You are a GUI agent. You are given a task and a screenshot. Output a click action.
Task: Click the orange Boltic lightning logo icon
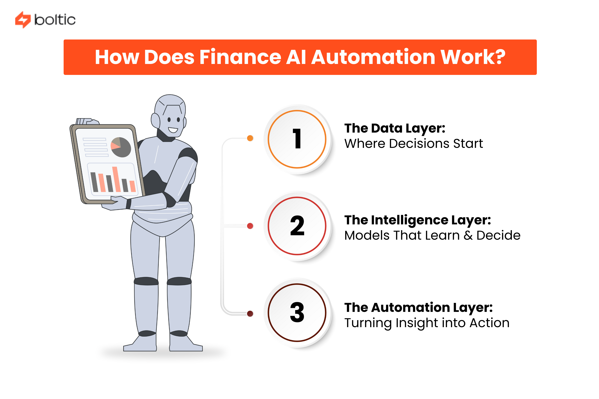tap(23, 20)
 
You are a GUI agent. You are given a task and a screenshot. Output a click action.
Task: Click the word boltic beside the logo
tap(55, 20)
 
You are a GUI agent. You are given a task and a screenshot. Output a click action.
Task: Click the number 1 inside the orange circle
tap(297, 139)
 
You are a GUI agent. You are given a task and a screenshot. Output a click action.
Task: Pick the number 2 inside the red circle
tap(297, 226)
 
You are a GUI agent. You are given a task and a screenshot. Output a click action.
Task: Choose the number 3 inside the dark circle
tap(297, 312)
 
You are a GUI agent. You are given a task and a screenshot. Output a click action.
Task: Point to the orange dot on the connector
tap(250, 138)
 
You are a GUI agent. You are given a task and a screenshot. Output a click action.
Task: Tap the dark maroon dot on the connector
tap(250, 313)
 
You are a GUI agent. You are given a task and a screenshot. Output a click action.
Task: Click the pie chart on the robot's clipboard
tap(121, 147)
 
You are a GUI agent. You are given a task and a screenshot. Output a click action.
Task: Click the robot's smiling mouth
tap(173, 130)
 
